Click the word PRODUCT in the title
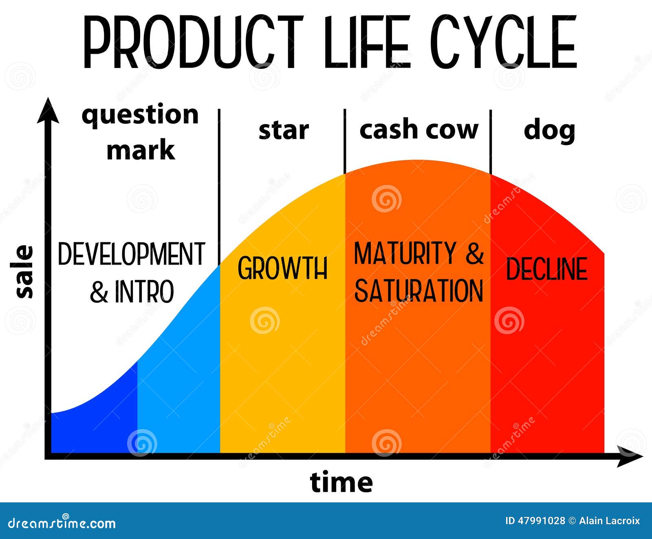(193, 42)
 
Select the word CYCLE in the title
(504, 42)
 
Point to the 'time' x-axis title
(341, 482)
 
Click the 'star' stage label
(284, 130)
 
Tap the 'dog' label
(549, 131)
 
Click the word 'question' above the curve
(140, 115)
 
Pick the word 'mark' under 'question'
(141, 150)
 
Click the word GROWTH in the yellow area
(282, 268)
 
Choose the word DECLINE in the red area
(546, 269)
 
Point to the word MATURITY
(405, 253)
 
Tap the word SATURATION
(419, 291)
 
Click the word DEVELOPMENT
(131, 254)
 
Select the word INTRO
(144, 291)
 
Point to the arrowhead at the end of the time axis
(630, 456)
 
